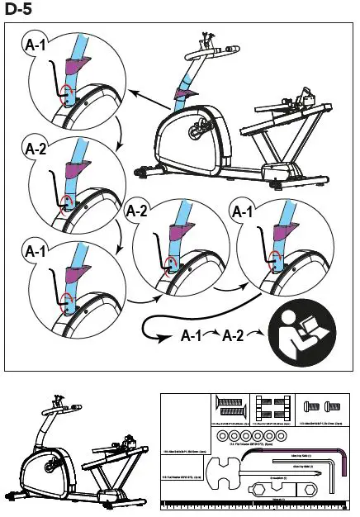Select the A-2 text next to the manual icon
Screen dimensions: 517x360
[x=236, y=336]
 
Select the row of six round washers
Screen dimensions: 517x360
[x=252, y=435]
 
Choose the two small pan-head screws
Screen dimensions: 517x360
[x=318, y=406]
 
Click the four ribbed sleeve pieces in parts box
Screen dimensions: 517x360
[x=272, y=408]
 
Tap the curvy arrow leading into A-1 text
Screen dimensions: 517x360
[x=157, y=326]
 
